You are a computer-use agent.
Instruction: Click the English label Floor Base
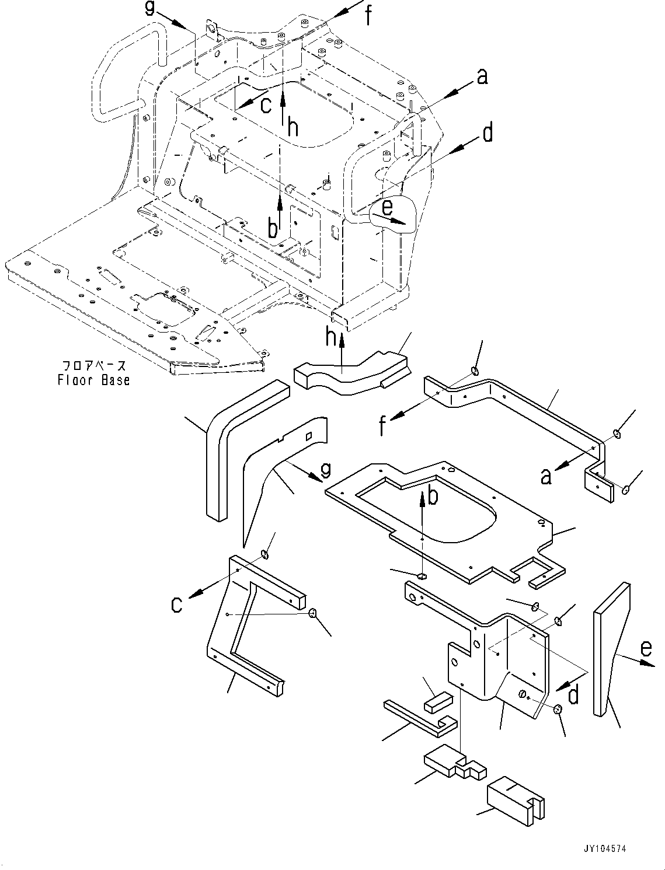click(x=93, y=380)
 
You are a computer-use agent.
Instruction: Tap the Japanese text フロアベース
click(x=93, y=366)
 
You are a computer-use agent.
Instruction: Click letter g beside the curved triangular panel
click(x=325, y=469)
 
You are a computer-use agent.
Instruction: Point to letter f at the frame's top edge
click(x=368, y=16)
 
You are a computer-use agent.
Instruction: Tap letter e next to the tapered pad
click(x=645, y=648)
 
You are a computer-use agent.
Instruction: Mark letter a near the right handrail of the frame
click(x=482, y=76)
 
